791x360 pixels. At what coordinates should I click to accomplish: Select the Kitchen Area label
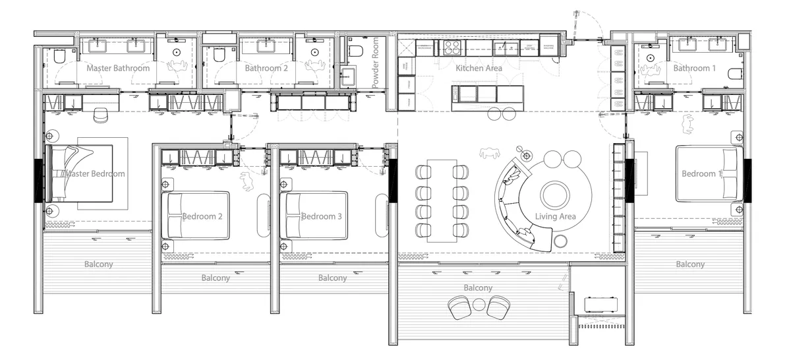click(x=479, y=68)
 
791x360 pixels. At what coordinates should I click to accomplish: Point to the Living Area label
click(x=555, y=216)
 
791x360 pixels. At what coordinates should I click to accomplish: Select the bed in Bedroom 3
click(x=315, y=216)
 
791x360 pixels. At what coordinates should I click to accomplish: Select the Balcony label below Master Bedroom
click(x=98, y=264)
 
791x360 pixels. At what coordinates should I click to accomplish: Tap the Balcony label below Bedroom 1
click(x=689, y=264)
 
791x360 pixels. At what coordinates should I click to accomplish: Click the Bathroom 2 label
click(x=266, y=68)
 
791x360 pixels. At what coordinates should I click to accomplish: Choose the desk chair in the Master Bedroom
click(x=100, y=115)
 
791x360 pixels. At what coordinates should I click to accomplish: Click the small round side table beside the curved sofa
click(x=560, y=241)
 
